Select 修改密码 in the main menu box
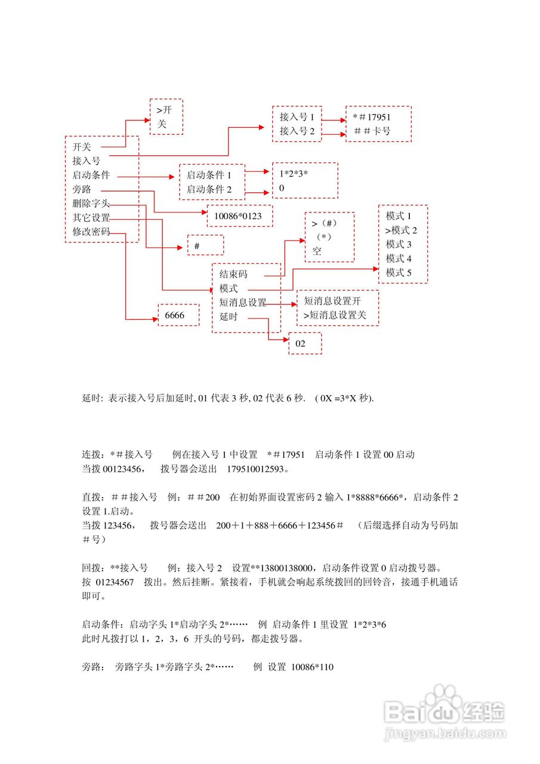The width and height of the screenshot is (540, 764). click(x=91, y=232)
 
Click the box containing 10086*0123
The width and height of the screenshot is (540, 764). click(x=239, y=216)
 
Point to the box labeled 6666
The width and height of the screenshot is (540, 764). click(x=177, y=315)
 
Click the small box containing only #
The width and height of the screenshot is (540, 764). click(x=205, y=245)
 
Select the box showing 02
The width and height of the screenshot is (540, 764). click(x=304, y=344)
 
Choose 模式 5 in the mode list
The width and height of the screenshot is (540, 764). click(x=399, y=273)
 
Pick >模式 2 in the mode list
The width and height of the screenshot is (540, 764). click(x=400, y=230)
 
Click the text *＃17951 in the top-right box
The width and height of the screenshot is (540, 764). click(x=374, y=118)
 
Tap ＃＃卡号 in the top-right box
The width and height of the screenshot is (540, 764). click(x=372, y=131)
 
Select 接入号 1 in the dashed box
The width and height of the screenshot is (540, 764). click(x=297, y=118)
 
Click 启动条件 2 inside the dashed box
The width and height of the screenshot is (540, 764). click(x=208, y=190)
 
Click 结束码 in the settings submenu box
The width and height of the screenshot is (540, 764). click(x=233, y=275)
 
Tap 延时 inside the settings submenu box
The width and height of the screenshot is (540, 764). click(x=229, y=317)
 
